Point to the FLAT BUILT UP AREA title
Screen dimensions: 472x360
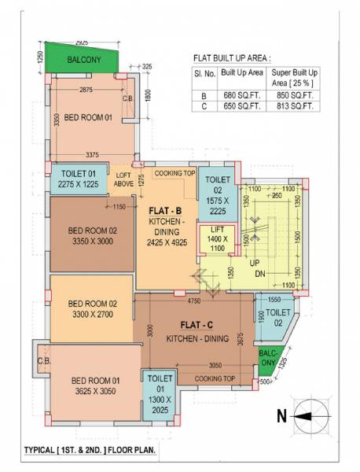point(231,58)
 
